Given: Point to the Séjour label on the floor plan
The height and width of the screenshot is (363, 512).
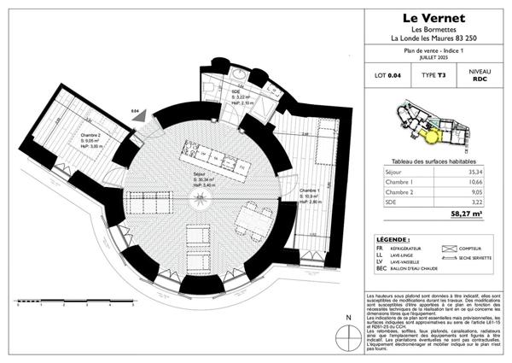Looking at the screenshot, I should click(x=199, y=173).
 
